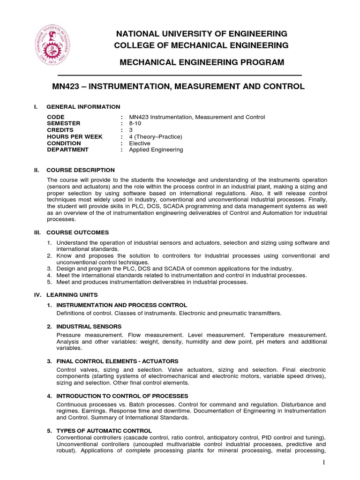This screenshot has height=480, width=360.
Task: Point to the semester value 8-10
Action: (136, 123)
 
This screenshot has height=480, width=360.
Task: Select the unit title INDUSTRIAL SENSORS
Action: (89, 326)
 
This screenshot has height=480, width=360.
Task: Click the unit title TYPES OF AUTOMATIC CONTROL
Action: (104, 430)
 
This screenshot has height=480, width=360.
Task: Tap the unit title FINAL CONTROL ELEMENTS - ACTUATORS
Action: (117, 361)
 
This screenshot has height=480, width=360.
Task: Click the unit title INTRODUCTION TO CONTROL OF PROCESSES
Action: (122, 396)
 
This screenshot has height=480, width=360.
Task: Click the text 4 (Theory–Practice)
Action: (155, 136)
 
